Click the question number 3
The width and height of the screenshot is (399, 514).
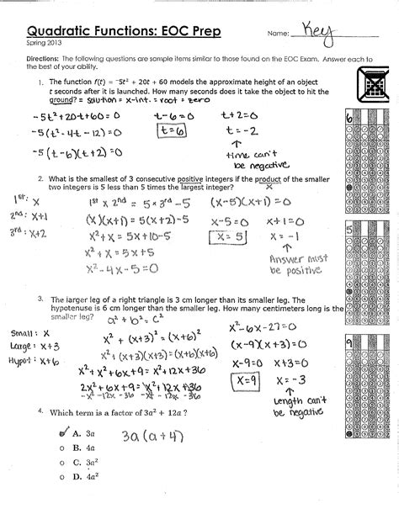pos(40,299)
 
